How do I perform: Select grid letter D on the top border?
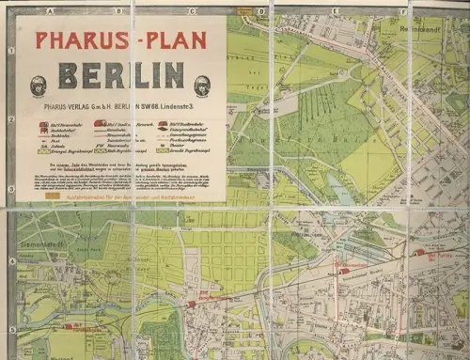259,12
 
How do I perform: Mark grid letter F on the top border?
402,12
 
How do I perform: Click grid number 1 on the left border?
10,51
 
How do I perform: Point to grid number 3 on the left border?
10,189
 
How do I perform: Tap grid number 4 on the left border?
10,260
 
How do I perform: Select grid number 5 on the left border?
10,330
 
